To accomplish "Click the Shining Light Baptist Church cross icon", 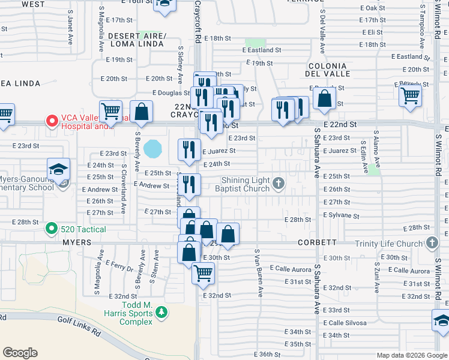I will pos(278,183).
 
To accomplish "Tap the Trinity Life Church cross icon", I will pos(432,243).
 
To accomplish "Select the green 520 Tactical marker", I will pos(52,229).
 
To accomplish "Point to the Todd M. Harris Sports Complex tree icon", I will pos(161,313).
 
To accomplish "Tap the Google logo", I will pos(20,353).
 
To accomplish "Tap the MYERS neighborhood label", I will pos(76,242).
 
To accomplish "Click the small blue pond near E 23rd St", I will pos(153,146).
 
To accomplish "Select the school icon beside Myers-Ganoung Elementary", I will pos(59,169).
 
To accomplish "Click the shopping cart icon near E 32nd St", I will pos(203,273).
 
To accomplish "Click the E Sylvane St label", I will pos(341,215).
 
